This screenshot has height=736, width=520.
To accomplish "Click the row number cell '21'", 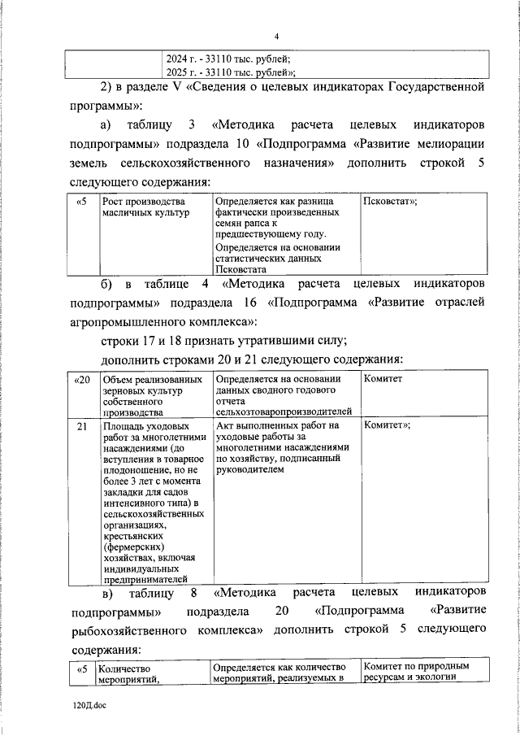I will (81, 425).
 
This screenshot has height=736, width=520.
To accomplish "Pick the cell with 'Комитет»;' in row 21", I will (387, 425).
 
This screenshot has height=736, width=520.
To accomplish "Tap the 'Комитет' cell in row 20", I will (383, 379).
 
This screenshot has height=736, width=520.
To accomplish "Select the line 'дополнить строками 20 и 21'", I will (251, 359).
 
